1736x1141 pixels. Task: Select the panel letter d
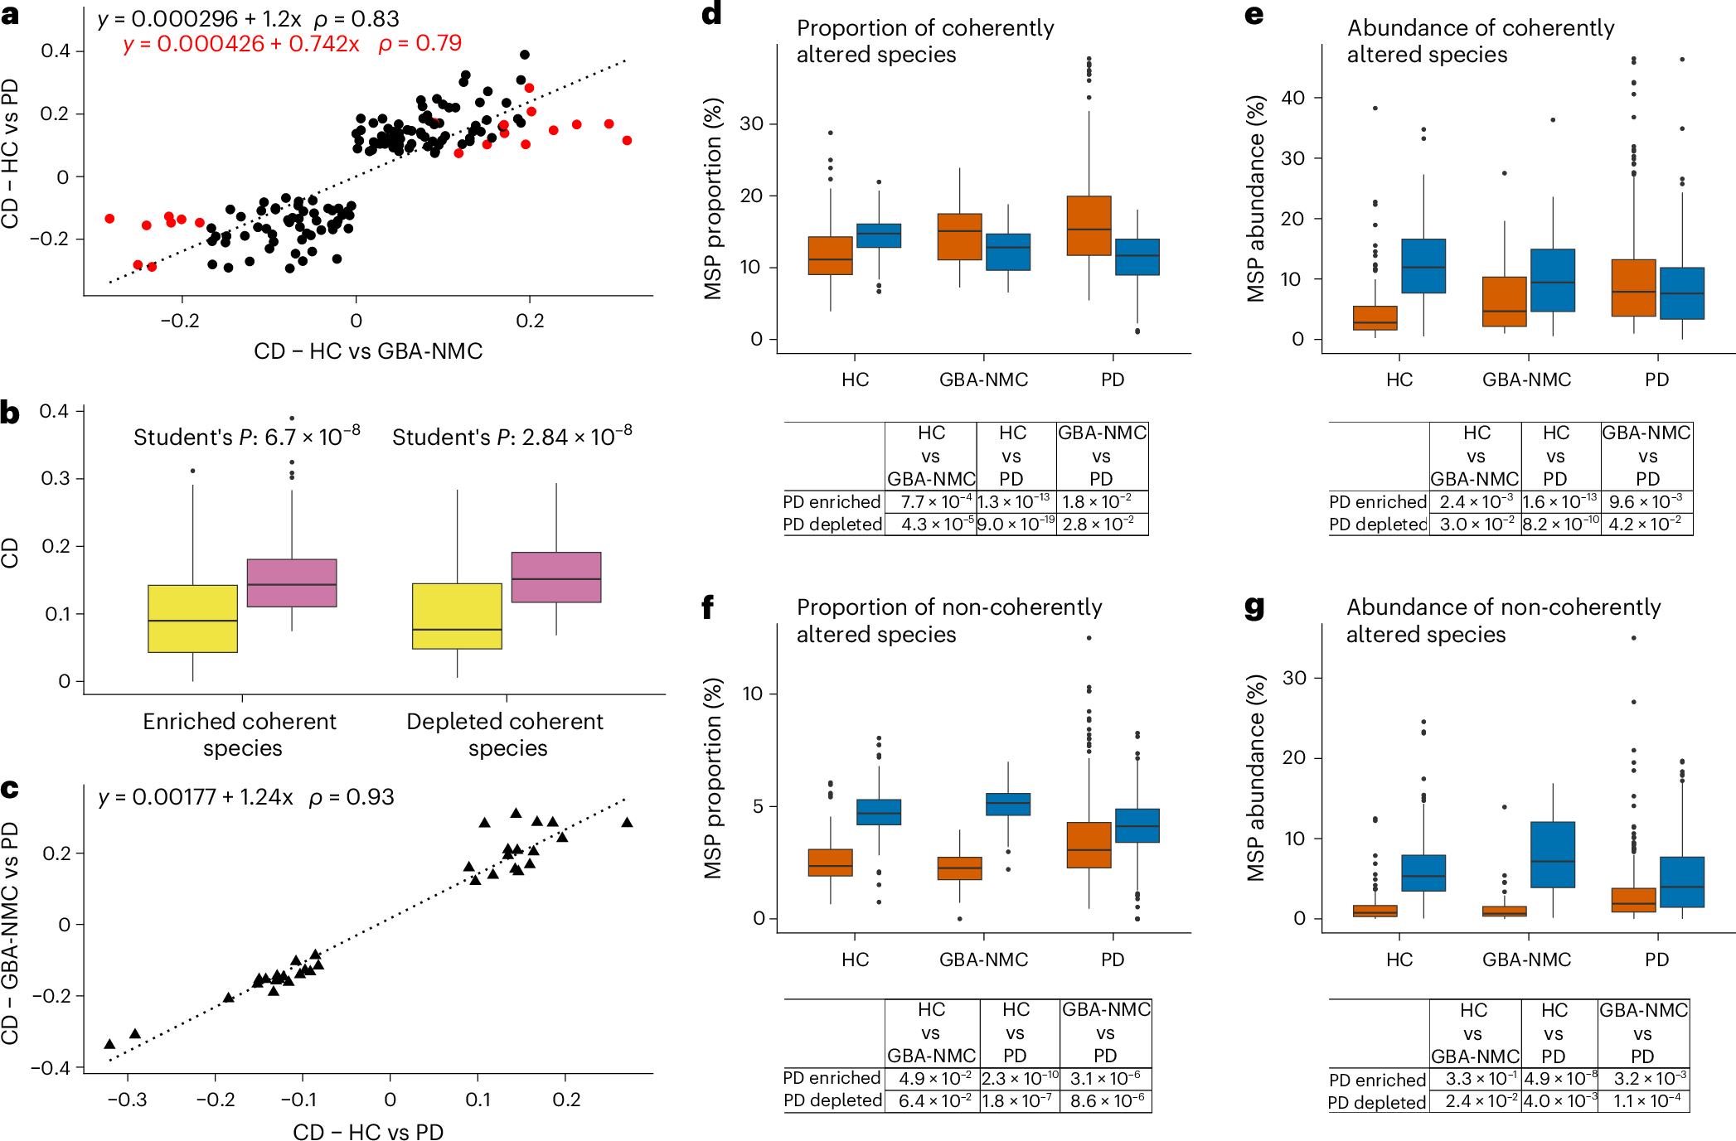tap(711, 14)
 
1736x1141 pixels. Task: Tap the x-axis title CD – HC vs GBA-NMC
tap(368, 351)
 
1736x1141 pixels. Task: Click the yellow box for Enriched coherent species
tap(192, 619)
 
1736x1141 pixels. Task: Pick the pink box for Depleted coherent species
tap(555, 577)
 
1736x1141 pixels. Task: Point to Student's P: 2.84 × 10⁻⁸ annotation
tap(512, 436)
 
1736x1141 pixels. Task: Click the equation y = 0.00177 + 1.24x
tap(196, 797)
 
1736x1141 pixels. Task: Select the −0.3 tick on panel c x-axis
tap(128, 1100)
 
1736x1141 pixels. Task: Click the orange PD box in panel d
tap(1089, 225)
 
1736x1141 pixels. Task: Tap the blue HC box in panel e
tap(1423, 266)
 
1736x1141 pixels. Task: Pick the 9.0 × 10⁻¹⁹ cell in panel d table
tap(1016, 525)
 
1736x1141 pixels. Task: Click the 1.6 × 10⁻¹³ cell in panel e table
tap(1559, 502)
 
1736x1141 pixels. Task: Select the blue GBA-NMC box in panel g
tap(1552, 854)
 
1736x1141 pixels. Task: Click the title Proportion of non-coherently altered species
tap(948, 621)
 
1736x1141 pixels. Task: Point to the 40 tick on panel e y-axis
tap(1292, 98)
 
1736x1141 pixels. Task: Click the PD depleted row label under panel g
tap(1376, 1103)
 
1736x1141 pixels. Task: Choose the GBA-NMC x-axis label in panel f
tap(983, 960)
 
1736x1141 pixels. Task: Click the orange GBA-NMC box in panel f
tap(959, 868)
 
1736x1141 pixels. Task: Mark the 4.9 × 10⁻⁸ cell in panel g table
tap(1559, 1079)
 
